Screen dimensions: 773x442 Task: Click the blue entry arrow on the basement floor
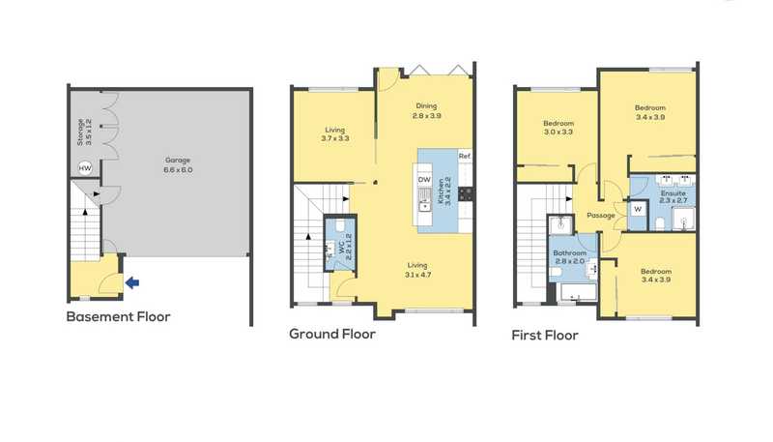pyautogui.click(x=132, y=282)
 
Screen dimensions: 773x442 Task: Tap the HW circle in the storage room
pyautogui.click(x=85, y=167)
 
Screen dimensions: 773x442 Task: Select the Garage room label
pyautogui.click(x=178, y=164)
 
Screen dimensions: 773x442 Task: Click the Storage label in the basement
pyautogui.click(x=84, y=132)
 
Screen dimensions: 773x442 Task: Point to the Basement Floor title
pyautogui.click(x=118, y=316)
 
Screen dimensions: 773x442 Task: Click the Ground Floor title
pyautogui.click(x=332, y=334)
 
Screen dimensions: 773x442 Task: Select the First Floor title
pyautogui.click(x=545, y=336)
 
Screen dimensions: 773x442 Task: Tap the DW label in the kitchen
pyautogui.click(x=424, y=180)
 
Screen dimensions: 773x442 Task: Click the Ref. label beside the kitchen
pyautogui.click(x=465, y=156)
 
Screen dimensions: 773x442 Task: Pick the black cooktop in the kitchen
pyautogui.click(x=466, y=193)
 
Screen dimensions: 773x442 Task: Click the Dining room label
pyautogui.click(x=426, y=110)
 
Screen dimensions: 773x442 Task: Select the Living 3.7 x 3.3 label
pyautogui.click(x=334, y=133)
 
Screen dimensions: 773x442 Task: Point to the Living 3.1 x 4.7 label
pyautogui.click(x=417, y=270)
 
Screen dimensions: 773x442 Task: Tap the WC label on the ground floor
pyautogui.click(x=345, y=244)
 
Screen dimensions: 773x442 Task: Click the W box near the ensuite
pyautogui.click(x=638, y=209)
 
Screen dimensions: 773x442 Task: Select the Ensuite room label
pyautogui.click(x=673, y=197)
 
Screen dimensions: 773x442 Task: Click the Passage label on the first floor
pyautogui.click(x=601, y=216)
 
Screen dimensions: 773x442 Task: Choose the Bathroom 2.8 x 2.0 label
pyautogui.click(x=569, y=256)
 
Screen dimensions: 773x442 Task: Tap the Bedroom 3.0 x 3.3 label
pyautogui.click(x=558, y=128)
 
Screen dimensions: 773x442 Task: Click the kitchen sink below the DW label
pyautogui.click(x=424, y=200)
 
